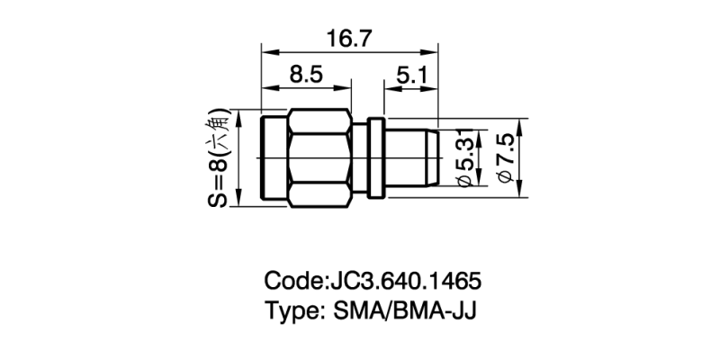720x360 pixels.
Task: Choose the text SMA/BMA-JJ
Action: (x=404, y=311)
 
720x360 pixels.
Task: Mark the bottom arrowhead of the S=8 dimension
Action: (x=240, y=202)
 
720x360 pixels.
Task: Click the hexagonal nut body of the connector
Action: (x=319, y=159)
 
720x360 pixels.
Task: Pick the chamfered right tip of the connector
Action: (x=435, y=158)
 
